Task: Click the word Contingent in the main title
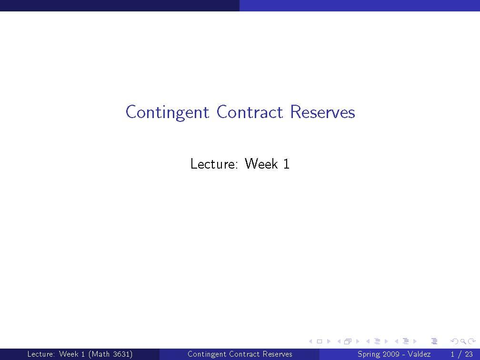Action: tap(167, 113)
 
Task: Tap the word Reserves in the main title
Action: tap(322, 112)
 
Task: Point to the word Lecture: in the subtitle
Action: tap(214, 164)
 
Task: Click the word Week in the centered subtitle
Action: tap(261, 164)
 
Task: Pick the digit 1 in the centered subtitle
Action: tap(286, 164)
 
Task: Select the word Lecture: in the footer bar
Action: tap(41, 354)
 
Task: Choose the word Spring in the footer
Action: tap(368, 354)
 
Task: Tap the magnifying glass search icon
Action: tap(462, 341)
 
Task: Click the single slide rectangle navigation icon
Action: tap(320, 341)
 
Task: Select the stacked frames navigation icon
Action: tap(348, 341)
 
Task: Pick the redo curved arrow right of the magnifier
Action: tap(471, 341)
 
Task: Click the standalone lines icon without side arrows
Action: tap(434, 341)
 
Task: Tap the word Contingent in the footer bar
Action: tap(207, 354)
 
